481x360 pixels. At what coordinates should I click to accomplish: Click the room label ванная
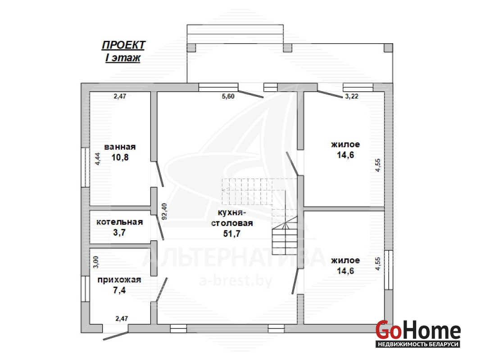(x=120, y=147)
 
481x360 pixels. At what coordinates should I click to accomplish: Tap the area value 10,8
(x=120, y=157)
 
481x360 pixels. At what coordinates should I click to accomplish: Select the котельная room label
(x=120, y=222)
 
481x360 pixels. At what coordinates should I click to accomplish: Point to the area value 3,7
(x=119, y=233)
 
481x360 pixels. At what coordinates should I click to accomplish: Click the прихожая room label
(x=119, y=280)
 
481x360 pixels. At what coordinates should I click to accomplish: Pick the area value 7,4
(x=119, y=290)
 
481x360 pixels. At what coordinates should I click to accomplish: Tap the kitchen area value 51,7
(x=232, y=234)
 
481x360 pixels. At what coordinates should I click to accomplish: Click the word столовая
(x=232, y=223)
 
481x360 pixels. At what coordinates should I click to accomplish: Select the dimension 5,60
(x=228, y=96)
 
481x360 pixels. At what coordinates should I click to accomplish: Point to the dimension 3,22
(x=352, y=96)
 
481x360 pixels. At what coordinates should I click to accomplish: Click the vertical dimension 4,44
(x=98, y=159)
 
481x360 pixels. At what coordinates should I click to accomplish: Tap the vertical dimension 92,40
(x=164, y=211)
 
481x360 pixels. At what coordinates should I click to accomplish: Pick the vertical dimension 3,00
(x=96, y=262)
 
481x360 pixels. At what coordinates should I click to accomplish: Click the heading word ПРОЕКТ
(x=123, y=45)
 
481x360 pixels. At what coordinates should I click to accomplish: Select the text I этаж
(x=123, y=58)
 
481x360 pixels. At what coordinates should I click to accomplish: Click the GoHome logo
(x=418, y=333)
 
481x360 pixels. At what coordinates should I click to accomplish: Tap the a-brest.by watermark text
(x=236, y=281)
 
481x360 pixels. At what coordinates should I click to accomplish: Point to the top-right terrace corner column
(x=388, y=48)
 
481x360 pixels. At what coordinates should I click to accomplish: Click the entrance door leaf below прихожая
(x=116, y=336)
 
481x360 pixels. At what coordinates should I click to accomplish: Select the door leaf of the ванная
(x=159, y=174)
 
